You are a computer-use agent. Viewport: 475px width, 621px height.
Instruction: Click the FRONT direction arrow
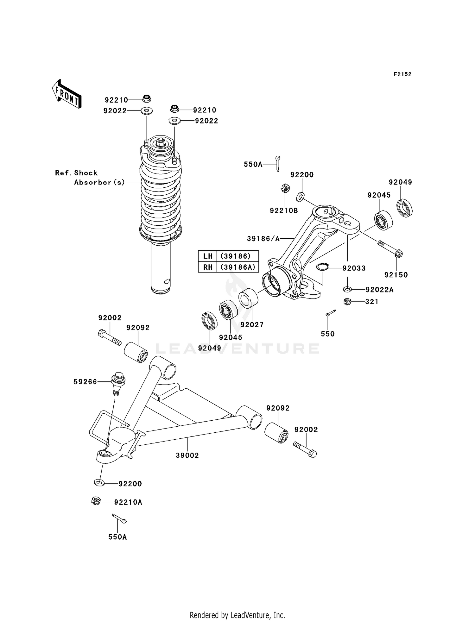(67, 94)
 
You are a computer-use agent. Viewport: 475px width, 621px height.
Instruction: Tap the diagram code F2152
(402, 74)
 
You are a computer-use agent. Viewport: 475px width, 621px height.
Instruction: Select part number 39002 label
(187, 455)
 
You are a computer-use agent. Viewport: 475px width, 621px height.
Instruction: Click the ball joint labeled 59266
(118, 382)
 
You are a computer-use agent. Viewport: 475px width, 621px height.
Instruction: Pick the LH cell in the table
(208, 256)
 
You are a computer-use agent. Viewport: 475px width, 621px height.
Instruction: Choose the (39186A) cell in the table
(237, 267)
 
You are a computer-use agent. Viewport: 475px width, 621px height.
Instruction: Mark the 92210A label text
(128, 502)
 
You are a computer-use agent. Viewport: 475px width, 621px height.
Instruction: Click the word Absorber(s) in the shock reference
(99, 182)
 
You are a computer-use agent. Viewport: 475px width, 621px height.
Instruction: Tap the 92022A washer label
(379, 290)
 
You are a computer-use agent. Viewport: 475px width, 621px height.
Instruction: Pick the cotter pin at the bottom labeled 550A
(119, 518)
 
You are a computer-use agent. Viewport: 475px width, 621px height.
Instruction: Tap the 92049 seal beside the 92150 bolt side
(404, 208)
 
